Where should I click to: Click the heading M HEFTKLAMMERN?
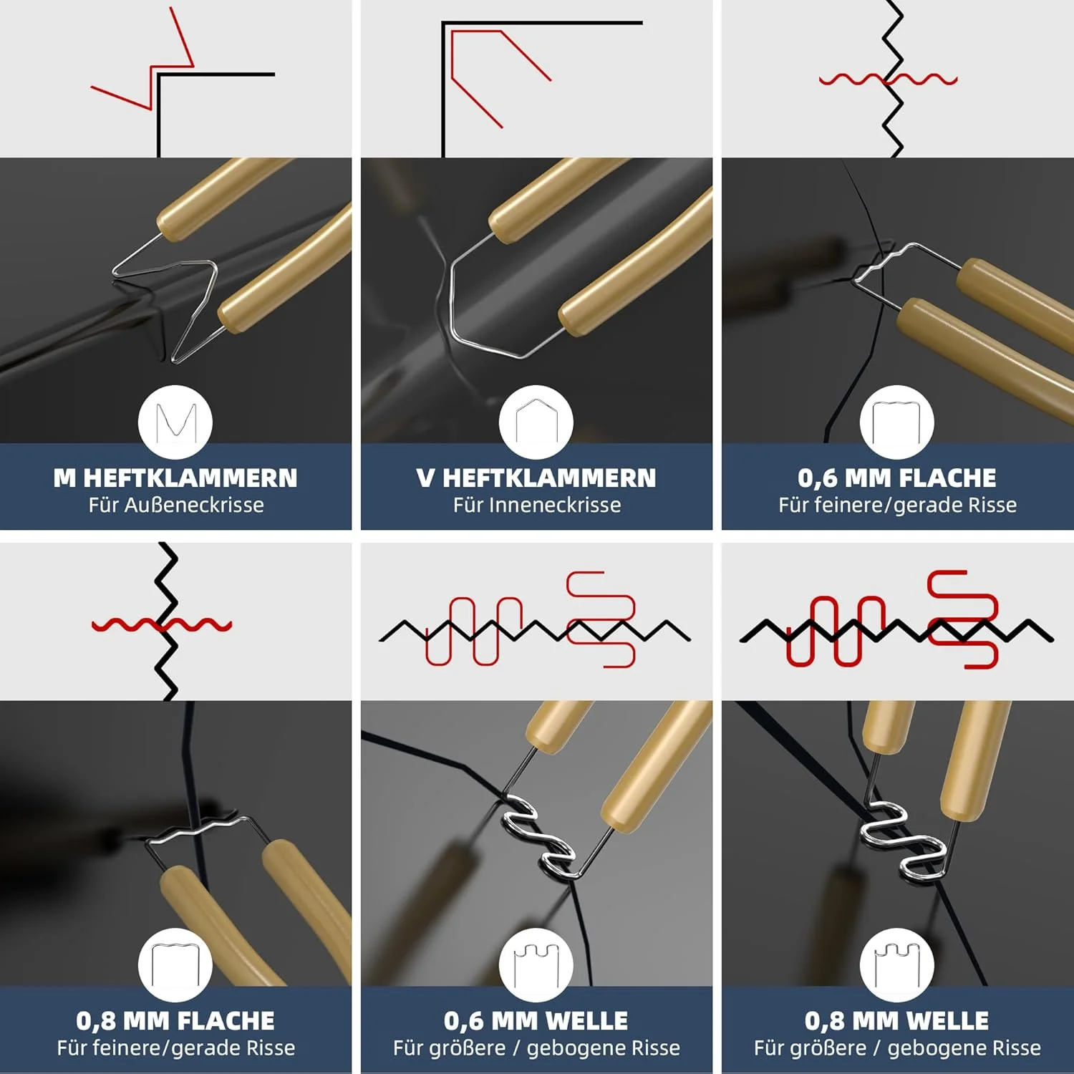pyautogui.click(x=175, y=478)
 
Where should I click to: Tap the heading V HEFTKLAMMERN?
pyautogui.click(x=536, y=478)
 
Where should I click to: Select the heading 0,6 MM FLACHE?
pyautogui.click(x=897, y=478)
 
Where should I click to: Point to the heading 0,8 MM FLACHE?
pyautogui.click(x=175, y=1020)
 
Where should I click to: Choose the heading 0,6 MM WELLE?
pyautogui.click(x=536, y=1020)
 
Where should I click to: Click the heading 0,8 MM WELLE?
pyautogui.click(x=897, y=1020)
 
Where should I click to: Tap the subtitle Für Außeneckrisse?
pyautogui.click(x=176, y=505)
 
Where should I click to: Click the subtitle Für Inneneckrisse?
pyautogui.click(x=537, y=505)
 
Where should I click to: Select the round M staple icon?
pyautogui.click(x=175, y=422)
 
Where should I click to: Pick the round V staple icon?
pyautogui.click(x=536, y=422)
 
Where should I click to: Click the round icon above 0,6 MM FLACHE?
pyautogui.click(x=897, y=422)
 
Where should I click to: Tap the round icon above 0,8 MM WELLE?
pyautogui.click(x=897, y=964)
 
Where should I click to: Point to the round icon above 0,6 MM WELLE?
pyautogui.click(x=536, y=964)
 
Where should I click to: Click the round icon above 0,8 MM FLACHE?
pyautogui.click(x=175, y=964)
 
